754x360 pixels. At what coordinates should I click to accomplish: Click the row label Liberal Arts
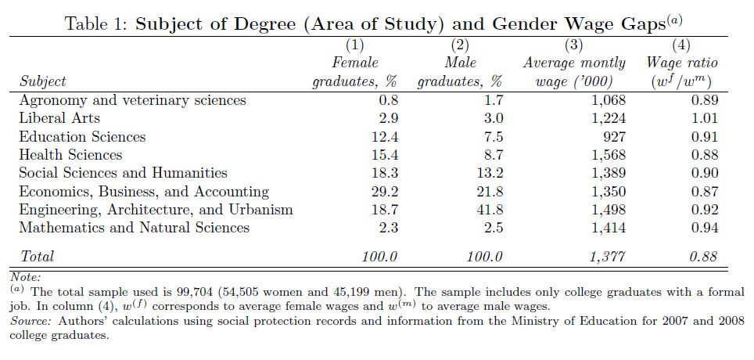(59, 118)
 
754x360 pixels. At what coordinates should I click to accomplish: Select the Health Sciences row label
(70, 155)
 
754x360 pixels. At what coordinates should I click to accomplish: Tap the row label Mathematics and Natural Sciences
(135, 228)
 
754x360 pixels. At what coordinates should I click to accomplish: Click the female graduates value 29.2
(384, 192)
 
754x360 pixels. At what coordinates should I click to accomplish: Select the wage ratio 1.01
(704, 118)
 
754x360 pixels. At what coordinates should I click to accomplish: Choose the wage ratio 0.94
(704, 228)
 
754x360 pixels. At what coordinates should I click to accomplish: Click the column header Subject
(42, 81)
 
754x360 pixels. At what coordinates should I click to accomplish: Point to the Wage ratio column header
(682, 63)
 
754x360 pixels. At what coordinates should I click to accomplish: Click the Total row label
(37, 257)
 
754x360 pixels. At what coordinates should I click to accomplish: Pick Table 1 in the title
(95, 23)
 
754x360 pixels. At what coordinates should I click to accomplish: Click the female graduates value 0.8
(387, 100)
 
